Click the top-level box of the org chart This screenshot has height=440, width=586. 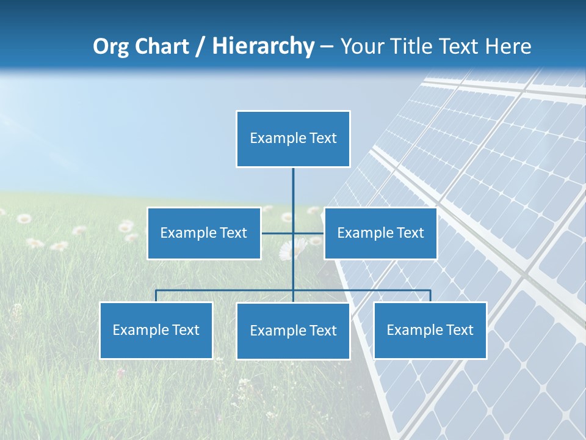tap(293, 139)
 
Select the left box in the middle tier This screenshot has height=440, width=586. tap(204, 233)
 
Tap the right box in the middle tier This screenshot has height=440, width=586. tap(380, 233)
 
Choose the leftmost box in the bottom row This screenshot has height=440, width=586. tap(156, 331)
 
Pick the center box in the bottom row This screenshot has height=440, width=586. tap(293, 331)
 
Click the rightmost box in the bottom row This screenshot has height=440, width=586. tap(430, 331)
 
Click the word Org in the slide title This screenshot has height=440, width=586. tap(110, 46)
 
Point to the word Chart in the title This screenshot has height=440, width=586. tap(161, 46)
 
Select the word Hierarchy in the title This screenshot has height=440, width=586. tap(263, 46)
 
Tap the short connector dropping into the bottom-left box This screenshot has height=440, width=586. tap(156, 296)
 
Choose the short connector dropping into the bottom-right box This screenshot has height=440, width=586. tap(430, 296)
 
